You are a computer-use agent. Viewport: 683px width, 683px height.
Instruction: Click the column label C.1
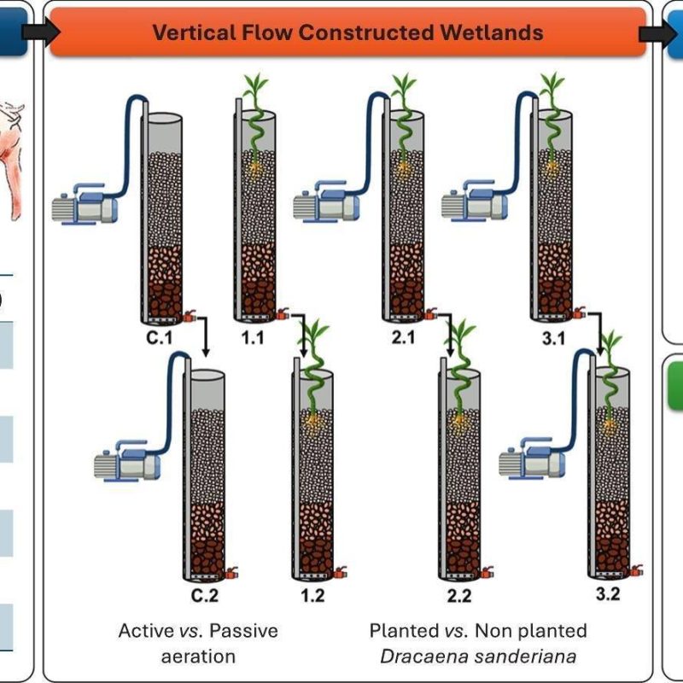159,337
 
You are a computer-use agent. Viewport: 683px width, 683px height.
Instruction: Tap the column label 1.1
253,337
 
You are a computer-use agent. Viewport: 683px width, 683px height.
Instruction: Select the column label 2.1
403,337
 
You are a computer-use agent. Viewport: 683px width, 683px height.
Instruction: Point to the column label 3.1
553,338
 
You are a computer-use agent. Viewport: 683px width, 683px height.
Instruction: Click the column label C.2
205,595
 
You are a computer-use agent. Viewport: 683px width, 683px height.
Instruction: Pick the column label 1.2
312,595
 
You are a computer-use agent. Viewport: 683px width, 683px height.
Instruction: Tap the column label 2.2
459,595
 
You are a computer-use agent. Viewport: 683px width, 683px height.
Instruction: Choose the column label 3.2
608,593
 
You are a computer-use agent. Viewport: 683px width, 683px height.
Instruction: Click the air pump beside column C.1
85,205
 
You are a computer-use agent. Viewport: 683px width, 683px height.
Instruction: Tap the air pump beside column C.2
127,461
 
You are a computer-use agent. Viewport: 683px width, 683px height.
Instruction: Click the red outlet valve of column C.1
190,316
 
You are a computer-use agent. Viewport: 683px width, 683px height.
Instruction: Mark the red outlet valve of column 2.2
487,572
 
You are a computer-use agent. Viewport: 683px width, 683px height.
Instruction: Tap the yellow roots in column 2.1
404,169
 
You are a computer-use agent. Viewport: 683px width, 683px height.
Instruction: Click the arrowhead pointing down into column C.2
206,352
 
